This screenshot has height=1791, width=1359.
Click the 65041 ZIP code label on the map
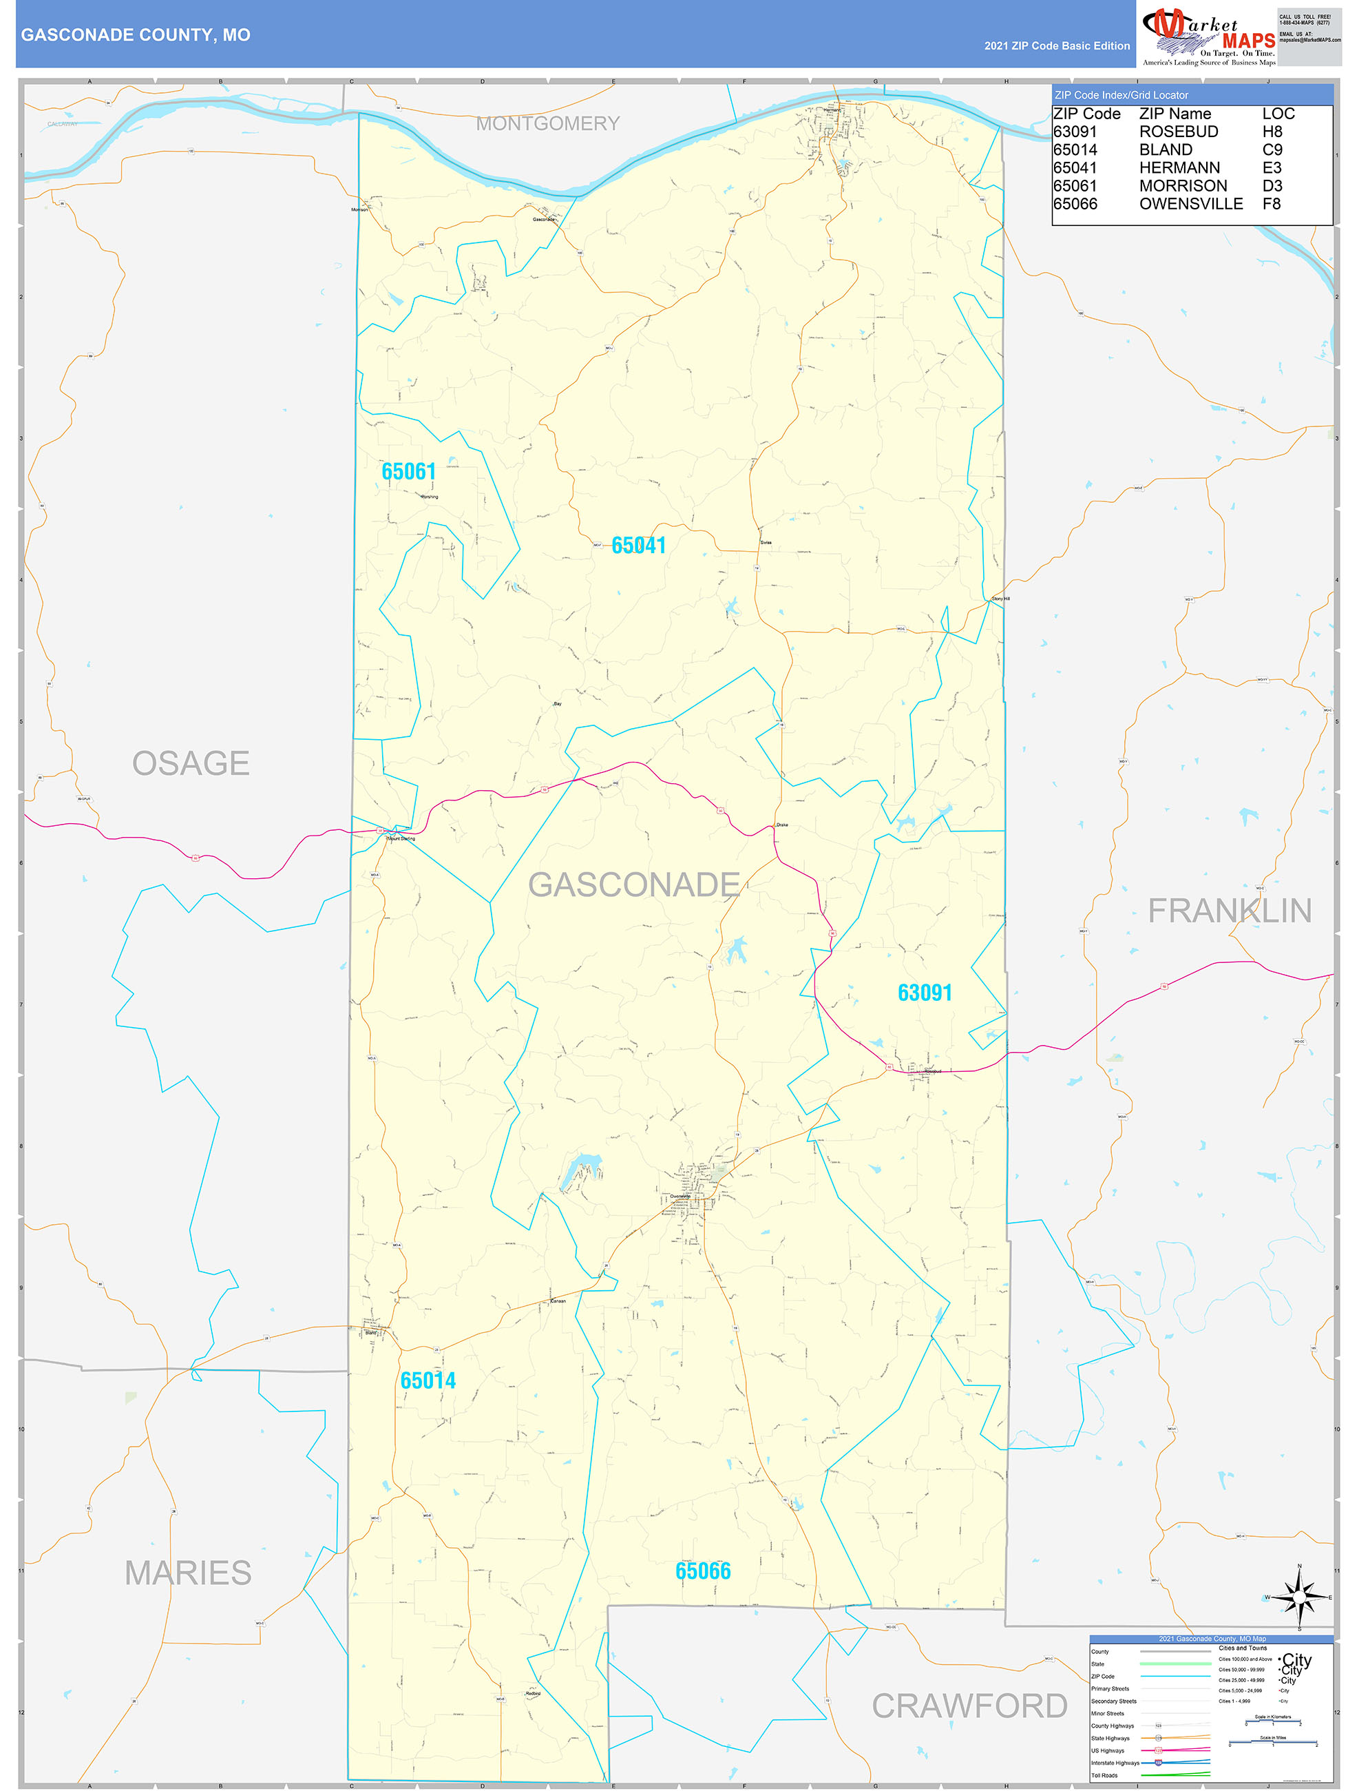tap(639, 546)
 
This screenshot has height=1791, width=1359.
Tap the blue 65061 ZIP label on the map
tap(409, 471)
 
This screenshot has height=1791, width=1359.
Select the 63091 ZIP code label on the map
tap(925, 993)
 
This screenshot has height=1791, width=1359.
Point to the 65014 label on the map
tap(428, 1380)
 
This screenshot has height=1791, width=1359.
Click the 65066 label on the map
tap(703, 1571)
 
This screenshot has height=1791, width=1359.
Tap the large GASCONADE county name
tap(634, 884)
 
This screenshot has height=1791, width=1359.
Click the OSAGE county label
tap(191, 763)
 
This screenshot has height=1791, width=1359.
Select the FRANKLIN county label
tap(1230, 911)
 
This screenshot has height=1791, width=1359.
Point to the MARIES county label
tap(188, 1573)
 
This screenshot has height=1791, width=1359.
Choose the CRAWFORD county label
tap(969, 1706)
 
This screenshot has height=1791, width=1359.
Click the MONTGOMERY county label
tap(547, 124)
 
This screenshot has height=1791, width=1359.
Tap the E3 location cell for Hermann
tap(1272, 167)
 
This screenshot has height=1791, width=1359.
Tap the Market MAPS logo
tap(1208, 36)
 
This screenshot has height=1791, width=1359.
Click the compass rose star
tap(1299, 1597)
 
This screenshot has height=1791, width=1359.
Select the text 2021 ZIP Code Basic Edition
tap(1056, 46)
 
